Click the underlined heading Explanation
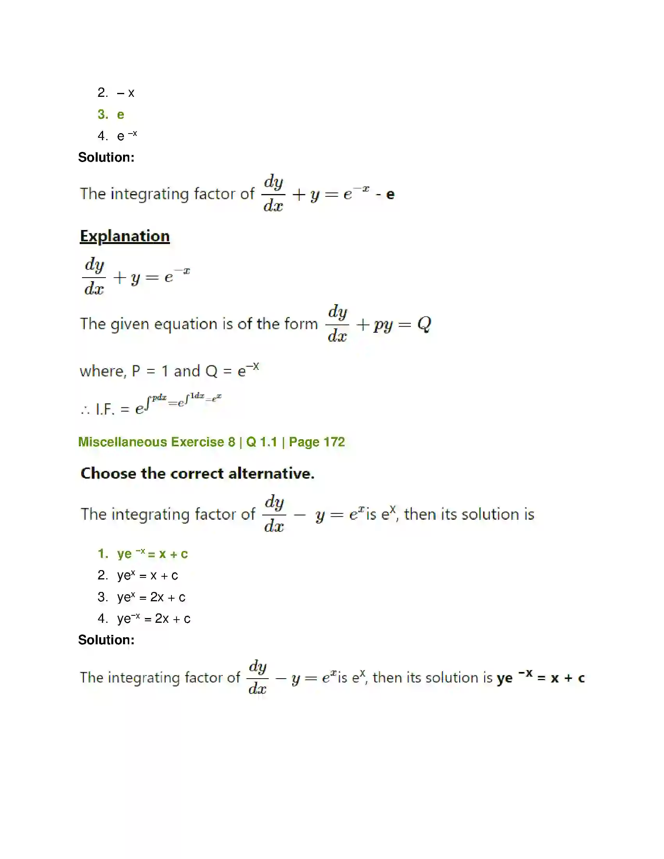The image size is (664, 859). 125,236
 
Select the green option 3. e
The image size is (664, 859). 111,114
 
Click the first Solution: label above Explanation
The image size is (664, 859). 106,157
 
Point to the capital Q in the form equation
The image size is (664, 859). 424,324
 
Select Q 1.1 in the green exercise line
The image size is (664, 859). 262,442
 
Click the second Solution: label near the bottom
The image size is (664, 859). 106,640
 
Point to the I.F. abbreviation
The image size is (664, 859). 105,410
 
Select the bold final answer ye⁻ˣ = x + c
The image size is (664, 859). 541,678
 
